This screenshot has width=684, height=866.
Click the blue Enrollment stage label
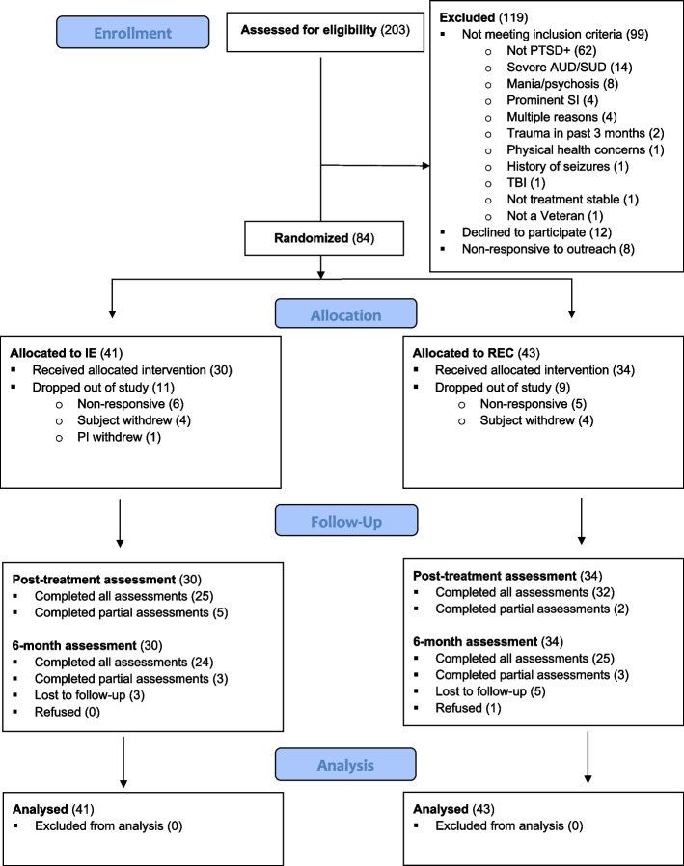pos(132,33)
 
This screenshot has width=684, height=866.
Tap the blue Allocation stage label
pos(346,314)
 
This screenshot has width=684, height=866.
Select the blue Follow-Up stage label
pos(346,521)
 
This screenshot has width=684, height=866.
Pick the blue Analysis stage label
pos(345,765)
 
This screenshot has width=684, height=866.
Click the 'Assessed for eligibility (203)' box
pos(325,32)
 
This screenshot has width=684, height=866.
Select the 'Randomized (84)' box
pos(324,238)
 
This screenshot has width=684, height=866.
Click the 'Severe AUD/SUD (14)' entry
pos(569,68)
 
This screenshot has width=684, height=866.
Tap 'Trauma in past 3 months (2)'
pos(585,134)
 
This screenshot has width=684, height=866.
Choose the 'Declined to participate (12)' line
pos(536,232)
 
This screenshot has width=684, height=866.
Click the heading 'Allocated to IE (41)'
pos(67,353)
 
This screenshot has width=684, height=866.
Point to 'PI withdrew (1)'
pos(119,437)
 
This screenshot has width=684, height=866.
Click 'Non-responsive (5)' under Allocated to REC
pos(534,404)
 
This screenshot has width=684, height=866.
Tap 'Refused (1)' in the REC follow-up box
pos(468,708)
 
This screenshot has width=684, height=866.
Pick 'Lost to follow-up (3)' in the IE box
pos(90,694)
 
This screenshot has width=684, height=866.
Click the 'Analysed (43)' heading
pos(453,809)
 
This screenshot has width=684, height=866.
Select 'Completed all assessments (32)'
pos(525,592)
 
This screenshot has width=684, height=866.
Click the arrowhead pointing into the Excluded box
pos(426,166)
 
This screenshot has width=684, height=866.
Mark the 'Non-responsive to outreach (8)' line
pos(548,249)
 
